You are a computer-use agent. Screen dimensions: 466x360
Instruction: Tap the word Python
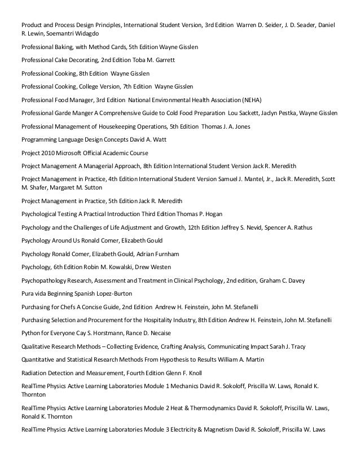click(x=31, y=333)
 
